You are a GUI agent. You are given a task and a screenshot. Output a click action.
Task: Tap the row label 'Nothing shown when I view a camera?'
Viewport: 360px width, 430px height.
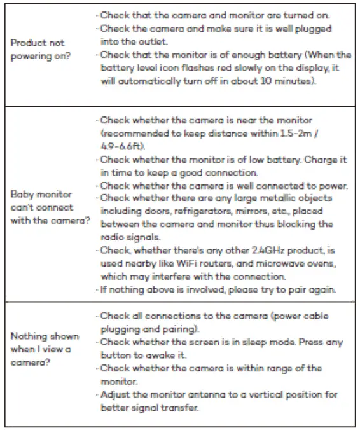45,349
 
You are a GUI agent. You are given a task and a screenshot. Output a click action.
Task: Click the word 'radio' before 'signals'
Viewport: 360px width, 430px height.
115,237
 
